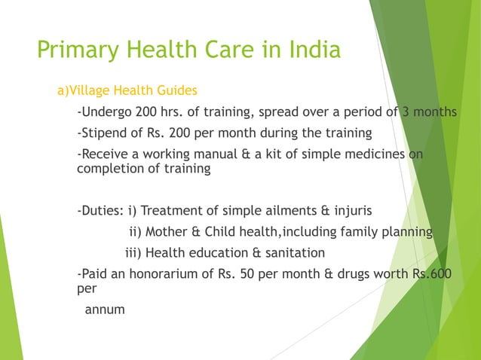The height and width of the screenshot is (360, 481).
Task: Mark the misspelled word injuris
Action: (350, 210)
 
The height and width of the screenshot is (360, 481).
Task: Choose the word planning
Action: (408, 231)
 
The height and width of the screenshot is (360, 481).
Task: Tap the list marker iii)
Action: (133, 252)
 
